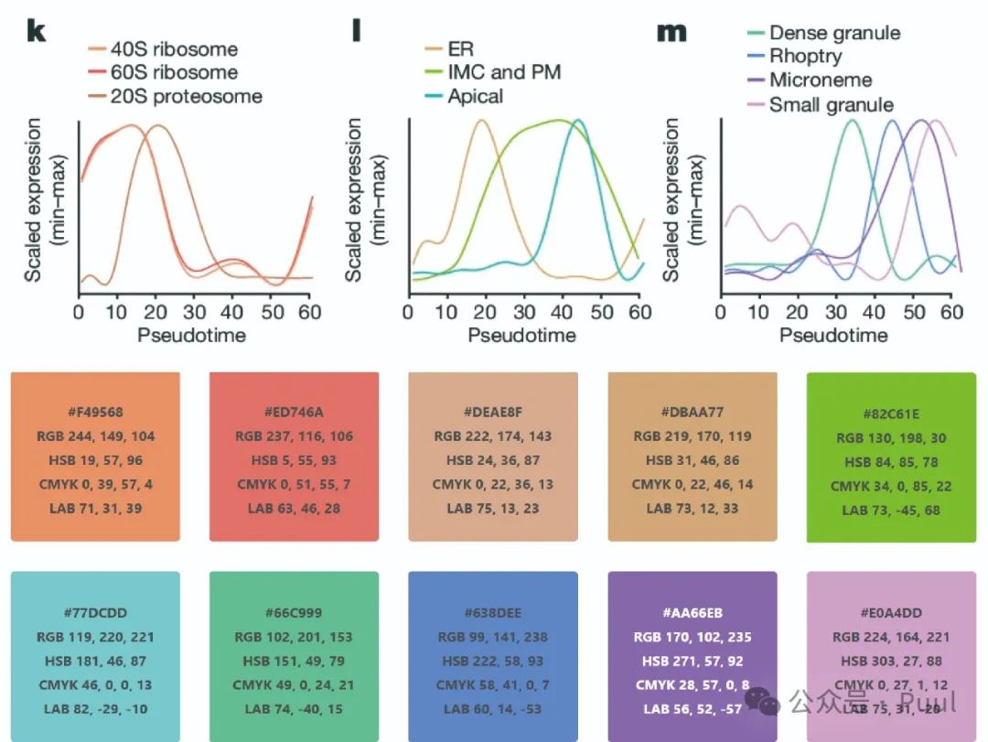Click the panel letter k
tap(36, 31)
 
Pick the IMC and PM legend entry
tap(504, 72)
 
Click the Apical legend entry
tap(475, 96)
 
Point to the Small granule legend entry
tap(831, 104)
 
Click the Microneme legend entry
tap(821, 81)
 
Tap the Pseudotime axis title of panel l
tap(521, 335)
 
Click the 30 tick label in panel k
tap(194, 312)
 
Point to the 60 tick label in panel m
tap(952, 312)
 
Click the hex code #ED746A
tap(293, 413)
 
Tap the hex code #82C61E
tap(889, 414)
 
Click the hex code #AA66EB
tap(692, 613)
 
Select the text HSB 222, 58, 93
tap(492, 661)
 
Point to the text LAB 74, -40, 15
tap(293, 709)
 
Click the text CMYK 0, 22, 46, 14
tap(693, 484)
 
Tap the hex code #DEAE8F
tap(492, 413)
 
